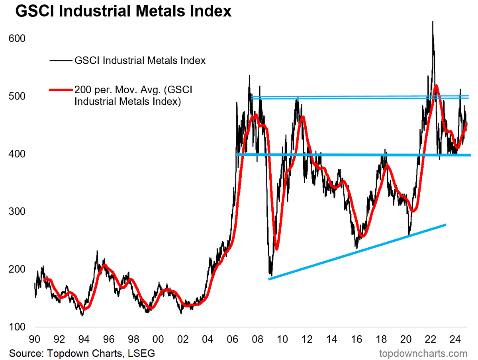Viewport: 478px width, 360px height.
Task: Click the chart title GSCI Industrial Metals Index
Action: (123, 11)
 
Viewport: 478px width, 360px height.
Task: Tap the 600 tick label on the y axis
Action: (17, 39)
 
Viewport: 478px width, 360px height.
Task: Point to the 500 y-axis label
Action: (17, 96)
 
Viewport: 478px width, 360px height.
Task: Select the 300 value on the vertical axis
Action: (17, 211)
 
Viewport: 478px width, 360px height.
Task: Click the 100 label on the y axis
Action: (17, 327)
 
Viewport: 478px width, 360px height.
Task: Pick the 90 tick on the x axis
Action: (34, 339)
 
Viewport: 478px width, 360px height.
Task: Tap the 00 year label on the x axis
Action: (158, 339)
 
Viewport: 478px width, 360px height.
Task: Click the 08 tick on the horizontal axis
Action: (257, 339)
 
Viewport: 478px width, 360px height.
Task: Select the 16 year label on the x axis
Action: (357, 339)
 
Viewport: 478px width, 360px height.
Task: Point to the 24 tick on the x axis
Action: (455, 339)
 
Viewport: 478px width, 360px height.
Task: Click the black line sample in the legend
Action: (61, 61)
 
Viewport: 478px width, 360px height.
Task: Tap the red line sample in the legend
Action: (61, 90)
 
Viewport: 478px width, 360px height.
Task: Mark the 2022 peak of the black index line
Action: (433, 22)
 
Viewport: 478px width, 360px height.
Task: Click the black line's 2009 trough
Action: (271, 276)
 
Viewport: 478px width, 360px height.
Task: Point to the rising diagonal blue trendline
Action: (357, 252)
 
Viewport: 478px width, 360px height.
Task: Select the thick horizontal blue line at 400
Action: (353, 155)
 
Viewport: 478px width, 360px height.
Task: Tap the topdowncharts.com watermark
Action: (423, 354)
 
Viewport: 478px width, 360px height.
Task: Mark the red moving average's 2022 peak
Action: (436, 86)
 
